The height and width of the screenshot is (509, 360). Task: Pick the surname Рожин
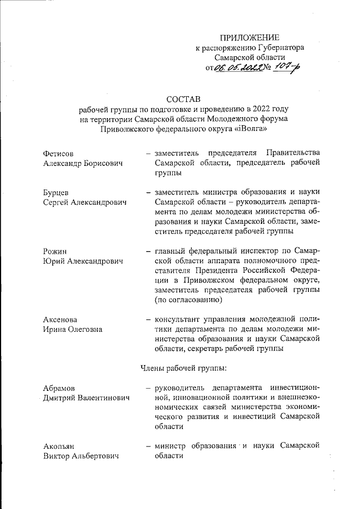click(x=55, y=251)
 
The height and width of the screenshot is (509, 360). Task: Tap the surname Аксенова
click(x=60, y=319)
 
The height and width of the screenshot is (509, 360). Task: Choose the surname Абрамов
click(x=59, y=388)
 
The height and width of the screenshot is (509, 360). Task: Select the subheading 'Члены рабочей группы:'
click(x=183, y=368)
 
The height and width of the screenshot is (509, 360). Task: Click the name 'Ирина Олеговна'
click(x=73, y=329)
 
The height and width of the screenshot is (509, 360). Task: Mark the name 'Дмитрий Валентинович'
click(x=85, y=398)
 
